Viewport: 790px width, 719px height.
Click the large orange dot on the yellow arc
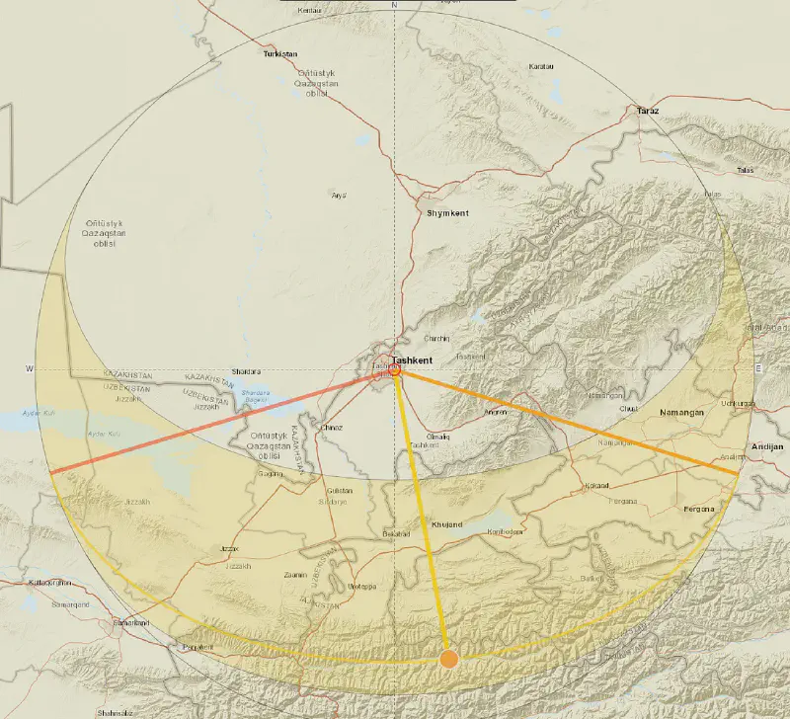pyautogui.click(x=449, y=658)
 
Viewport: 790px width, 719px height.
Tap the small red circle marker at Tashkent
pyautogui.click(x=395, y=370)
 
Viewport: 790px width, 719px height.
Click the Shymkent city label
pyautogui.click(x=446, y=213)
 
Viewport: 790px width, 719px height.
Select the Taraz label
pyautogui.click(x=647, y=112)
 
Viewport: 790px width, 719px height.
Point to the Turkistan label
pyautogui.click(x=279, y=54)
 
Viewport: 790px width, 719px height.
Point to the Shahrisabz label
pyautogui.click(x=115, y=712)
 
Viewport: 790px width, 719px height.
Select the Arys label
pyautogui.click(x=339, y=195)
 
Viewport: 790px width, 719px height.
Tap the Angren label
pyautogui.click(x=496, y=411)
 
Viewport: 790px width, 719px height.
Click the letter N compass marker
pyautogui.click(x=393, y=5)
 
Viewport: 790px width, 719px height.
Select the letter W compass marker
pyautogui.click(x=30, y=369)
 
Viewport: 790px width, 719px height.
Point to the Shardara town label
pyautogui.click(x=246, y=372)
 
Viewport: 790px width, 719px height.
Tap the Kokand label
pyautogui.click(x=596, y=486)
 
